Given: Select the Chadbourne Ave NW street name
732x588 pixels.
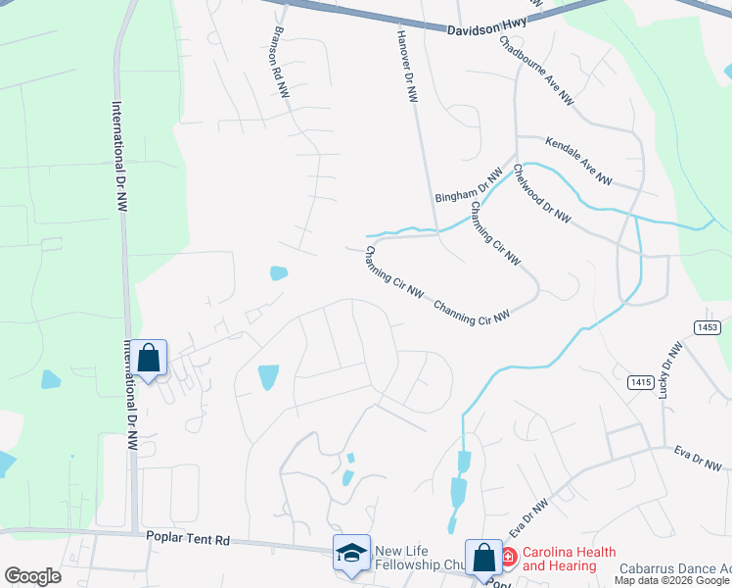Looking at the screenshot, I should click(537, 72).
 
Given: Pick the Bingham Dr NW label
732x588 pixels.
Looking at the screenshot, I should click(469, 185).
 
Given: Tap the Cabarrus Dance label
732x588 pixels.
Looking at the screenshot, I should click(675, 568).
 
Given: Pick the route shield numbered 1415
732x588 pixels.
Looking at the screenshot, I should click(641, 382).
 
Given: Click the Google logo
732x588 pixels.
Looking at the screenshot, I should click(32, 576).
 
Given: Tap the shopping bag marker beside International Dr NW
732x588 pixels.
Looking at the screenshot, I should click(149, 359).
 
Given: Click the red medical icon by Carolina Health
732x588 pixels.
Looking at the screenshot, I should click(508, 558).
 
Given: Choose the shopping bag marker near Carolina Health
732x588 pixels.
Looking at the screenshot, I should click(483, 558).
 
